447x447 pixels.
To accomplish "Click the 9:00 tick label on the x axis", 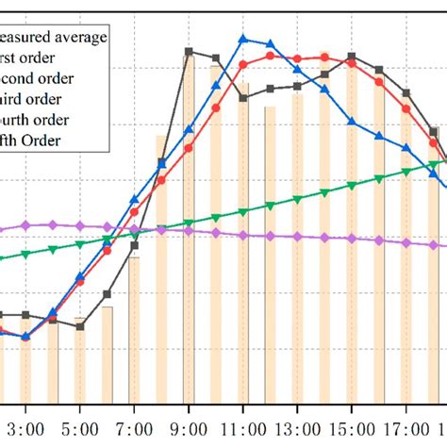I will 189,427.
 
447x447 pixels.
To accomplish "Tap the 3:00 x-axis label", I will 25,427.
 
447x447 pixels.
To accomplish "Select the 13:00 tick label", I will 298,427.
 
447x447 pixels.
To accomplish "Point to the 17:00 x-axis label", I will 406,427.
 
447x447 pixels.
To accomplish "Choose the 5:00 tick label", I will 80,427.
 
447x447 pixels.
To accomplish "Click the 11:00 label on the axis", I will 243,427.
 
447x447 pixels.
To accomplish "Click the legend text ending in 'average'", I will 53,37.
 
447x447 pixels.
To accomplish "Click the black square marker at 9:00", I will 189,52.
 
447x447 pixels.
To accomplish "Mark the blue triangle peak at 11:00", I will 243,39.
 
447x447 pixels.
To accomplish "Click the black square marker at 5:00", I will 80,327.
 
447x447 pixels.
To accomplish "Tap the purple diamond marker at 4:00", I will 53,224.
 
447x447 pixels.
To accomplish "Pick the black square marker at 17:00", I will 406,92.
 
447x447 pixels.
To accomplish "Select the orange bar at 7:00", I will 134,330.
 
